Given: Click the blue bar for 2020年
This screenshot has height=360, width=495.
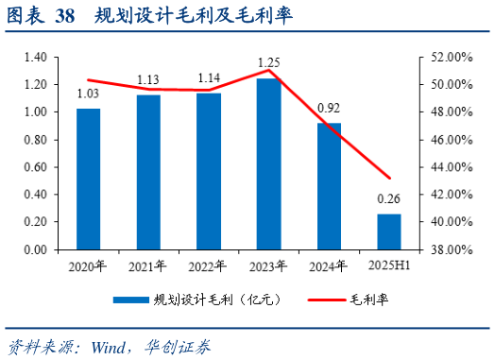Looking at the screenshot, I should point(88,180).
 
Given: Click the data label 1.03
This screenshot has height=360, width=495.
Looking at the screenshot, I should point(88,94).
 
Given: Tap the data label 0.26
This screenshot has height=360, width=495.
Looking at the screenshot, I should point(389,199).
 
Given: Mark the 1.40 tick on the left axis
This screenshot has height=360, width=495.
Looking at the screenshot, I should point(34,57).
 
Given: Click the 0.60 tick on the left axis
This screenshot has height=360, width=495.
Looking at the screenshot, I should point(34,167).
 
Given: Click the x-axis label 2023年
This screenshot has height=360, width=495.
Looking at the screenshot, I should point(268,266).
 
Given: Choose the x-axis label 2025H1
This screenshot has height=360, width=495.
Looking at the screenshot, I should point(389,266).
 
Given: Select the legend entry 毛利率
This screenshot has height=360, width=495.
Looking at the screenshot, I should point(371,299).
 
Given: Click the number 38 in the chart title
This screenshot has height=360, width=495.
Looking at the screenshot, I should point(66,16).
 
